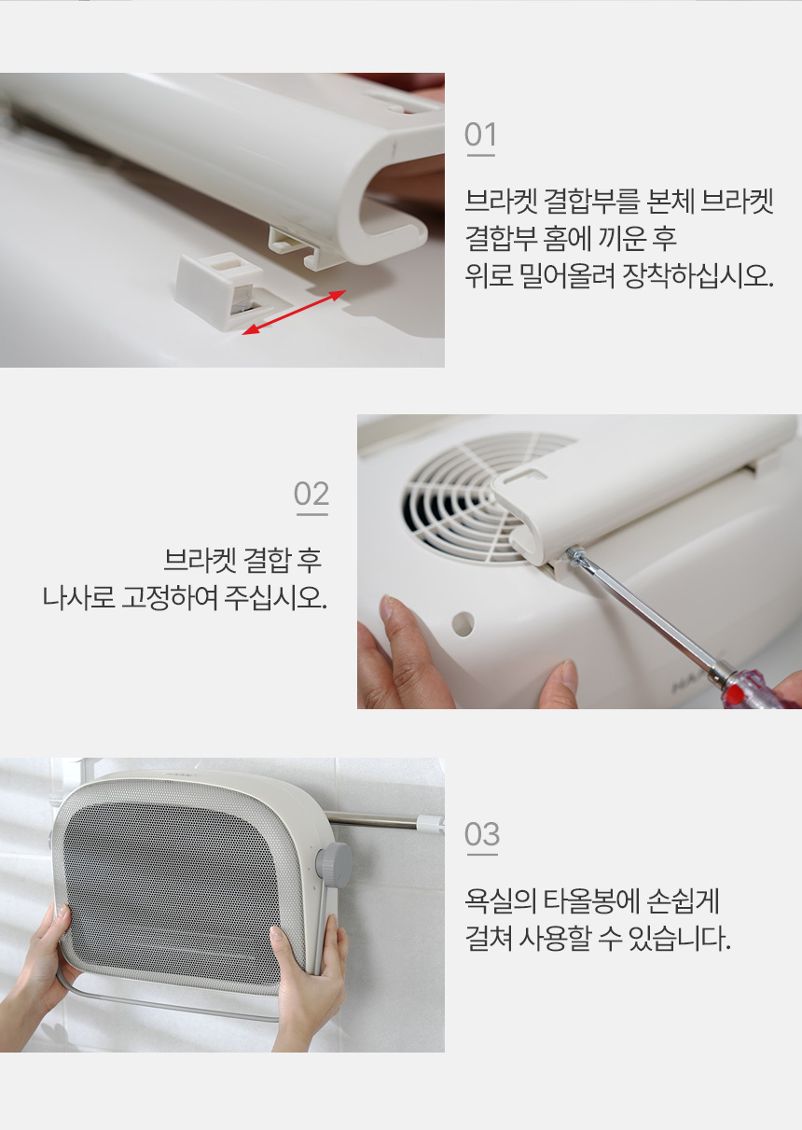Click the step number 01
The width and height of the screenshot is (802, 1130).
pyautogui.click(x=480, y=134)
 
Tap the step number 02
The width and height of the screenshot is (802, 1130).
pyautogui.click(x=311, y=494)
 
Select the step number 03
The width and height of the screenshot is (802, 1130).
pyautogui.click(x=482, y=834)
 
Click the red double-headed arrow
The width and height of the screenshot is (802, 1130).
pyautogui.click(x=295, y=313)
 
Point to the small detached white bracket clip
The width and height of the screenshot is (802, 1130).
pyautogui.click(x=222, y=290)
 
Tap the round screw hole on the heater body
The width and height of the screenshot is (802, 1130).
pyautogui.click(x=463, y=624)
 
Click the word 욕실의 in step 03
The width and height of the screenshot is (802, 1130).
pyautogui.click(x=500, y=901)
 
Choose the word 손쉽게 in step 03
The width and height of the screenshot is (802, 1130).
pyautogui.click(x=682, y=901)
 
